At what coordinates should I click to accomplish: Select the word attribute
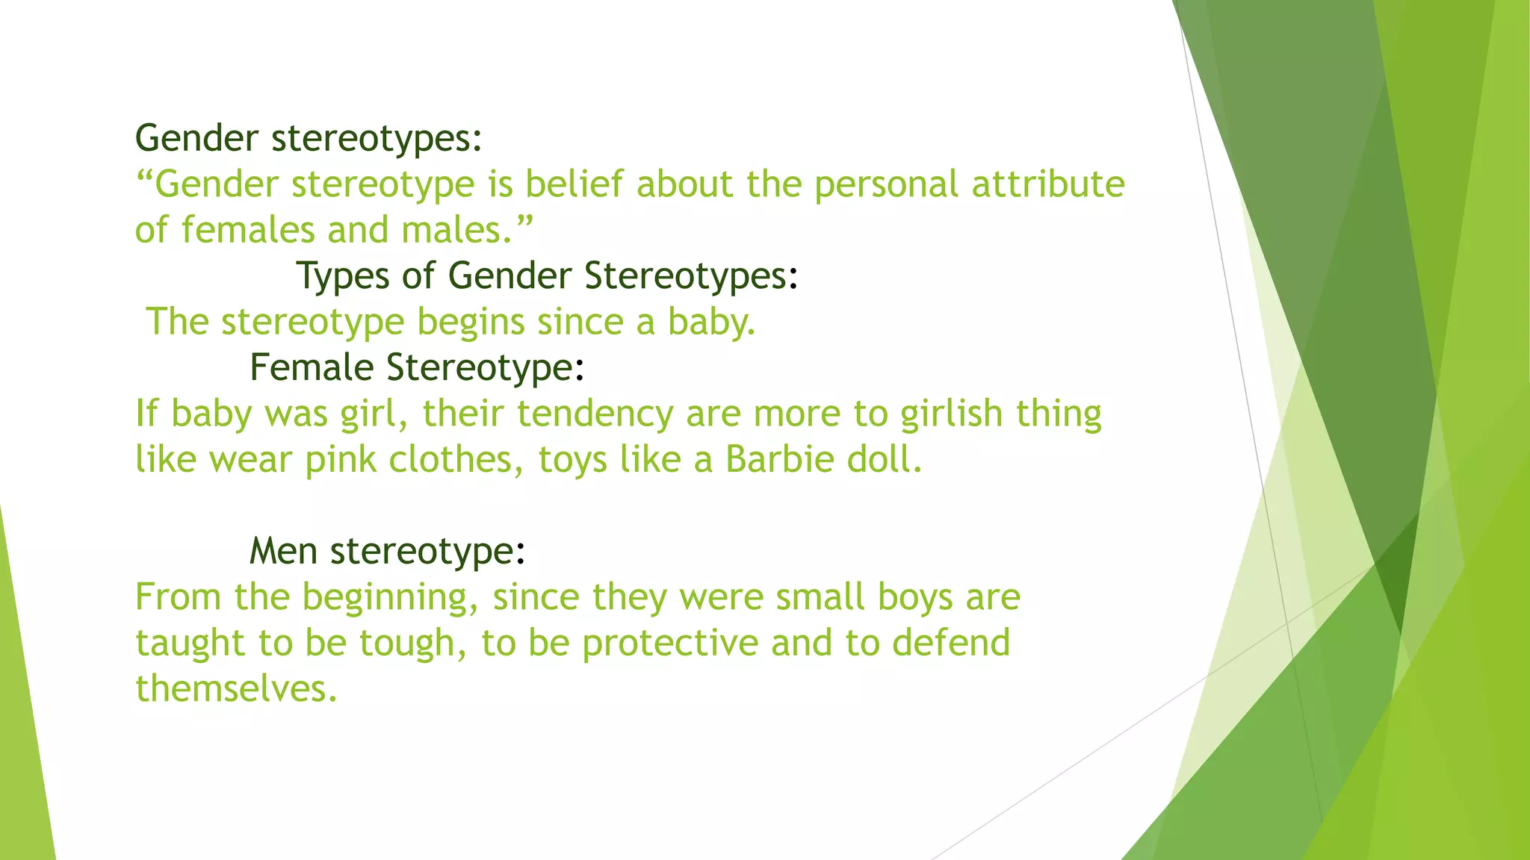coord(1048,184)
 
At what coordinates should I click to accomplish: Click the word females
coord(247,229)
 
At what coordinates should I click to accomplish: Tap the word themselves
coord(236,688)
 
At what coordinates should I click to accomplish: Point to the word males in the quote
coord(457,229)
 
